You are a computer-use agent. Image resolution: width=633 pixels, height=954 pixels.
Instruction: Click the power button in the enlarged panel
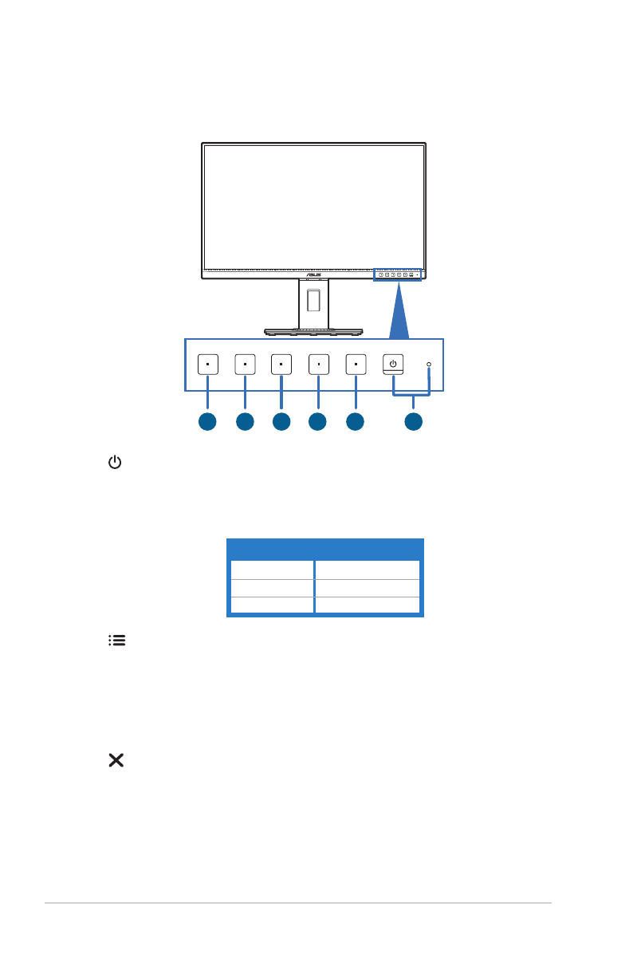point(393,365)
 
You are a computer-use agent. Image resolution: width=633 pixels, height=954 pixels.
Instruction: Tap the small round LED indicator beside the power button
point(429,365)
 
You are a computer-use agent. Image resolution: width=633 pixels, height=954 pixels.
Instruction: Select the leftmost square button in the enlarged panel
point(207,365)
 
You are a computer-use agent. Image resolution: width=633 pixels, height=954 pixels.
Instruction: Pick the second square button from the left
point(245,365)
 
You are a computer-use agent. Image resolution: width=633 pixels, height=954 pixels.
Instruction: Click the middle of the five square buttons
point(281,365)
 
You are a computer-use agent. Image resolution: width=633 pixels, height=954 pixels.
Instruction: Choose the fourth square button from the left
point(318,365)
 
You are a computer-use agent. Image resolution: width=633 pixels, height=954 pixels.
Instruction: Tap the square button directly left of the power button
point(356,365)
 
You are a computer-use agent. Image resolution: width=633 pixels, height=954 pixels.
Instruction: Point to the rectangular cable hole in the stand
point(313,302)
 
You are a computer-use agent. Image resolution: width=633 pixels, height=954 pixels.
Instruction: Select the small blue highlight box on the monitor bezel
point(399,274)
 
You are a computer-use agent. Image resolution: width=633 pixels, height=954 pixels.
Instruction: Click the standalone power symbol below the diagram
point(116,463)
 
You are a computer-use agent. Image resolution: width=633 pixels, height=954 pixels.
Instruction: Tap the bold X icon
point(116,761)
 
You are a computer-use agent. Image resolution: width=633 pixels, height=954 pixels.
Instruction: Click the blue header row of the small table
point(325,549)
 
